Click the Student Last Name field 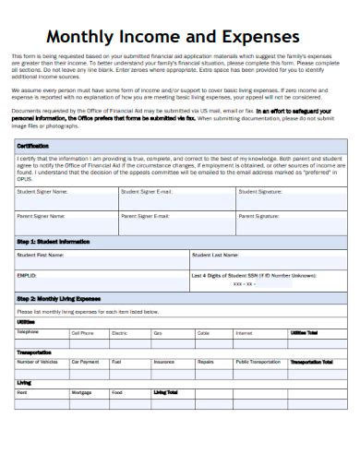click(268, 259)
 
